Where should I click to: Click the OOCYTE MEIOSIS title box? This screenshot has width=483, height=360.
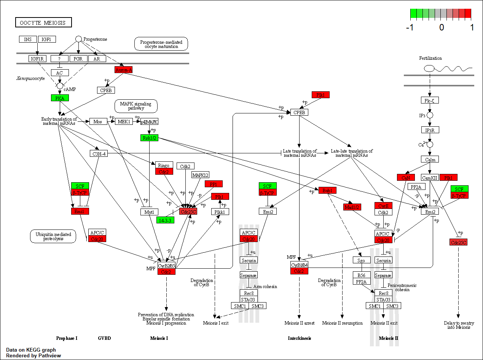43,22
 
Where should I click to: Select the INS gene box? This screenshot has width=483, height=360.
28,39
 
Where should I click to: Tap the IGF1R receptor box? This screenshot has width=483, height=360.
37,59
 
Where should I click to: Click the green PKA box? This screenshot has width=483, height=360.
60,98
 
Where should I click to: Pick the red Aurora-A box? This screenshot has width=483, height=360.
123,70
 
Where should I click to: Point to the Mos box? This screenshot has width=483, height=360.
98,121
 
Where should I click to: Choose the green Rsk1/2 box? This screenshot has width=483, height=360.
150,137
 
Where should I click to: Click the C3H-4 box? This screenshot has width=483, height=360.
99,153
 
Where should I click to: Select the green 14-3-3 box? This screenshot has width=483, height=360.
165,220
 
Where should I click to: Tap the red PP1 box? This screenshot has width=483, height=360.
214,184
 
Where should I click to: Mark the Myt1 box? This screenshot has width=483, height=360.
149,212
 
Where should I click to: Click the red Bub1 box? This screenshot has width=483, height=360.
327,190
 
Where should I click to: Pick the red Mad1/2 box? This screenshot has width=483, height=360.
352,207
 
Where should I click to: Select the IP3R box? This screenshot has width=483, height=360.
430,130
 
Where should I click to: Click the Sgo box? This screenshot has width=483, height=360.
361,260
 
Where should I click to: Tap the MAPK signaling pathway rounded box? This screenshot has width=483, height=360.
136,106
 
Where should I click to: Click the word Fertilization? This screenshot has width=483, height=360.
430,58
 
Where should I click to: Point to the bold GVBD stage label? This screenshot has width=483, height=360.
104,338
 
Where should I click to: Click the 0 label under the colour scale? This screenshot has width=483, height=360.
442,28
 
